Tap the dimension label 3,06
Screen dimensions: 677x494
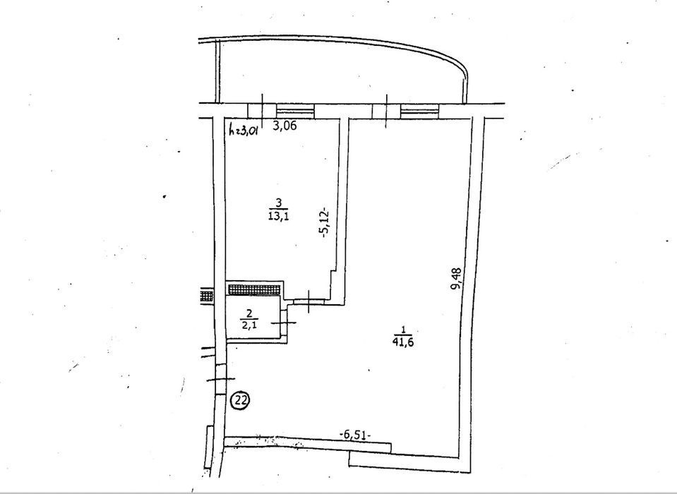[x=285, y=127]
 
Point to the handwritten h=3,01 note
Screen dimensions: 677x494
[x=244, y=129]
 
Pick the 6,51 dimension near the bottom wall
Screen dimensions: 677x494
[x=355, y=435]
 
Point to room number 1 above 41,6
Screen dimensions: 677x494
[x=403, y=330]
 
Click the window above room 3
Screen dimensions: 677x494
[x=295, y=109]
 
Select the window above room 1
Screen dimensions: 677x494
[x=420, y=110]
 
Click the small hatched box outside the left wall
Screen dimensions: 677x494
[x=207, y=296]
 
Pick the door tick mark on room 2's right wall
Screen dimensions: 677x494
[x=284, y=323]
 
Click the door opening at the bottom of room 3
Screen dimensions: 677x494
[x=310, y=301]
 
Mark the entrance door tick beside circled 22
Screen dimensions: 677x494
[x=221, y=379]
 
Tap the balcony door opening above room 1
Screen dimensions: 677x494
[x=386, y=111]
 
